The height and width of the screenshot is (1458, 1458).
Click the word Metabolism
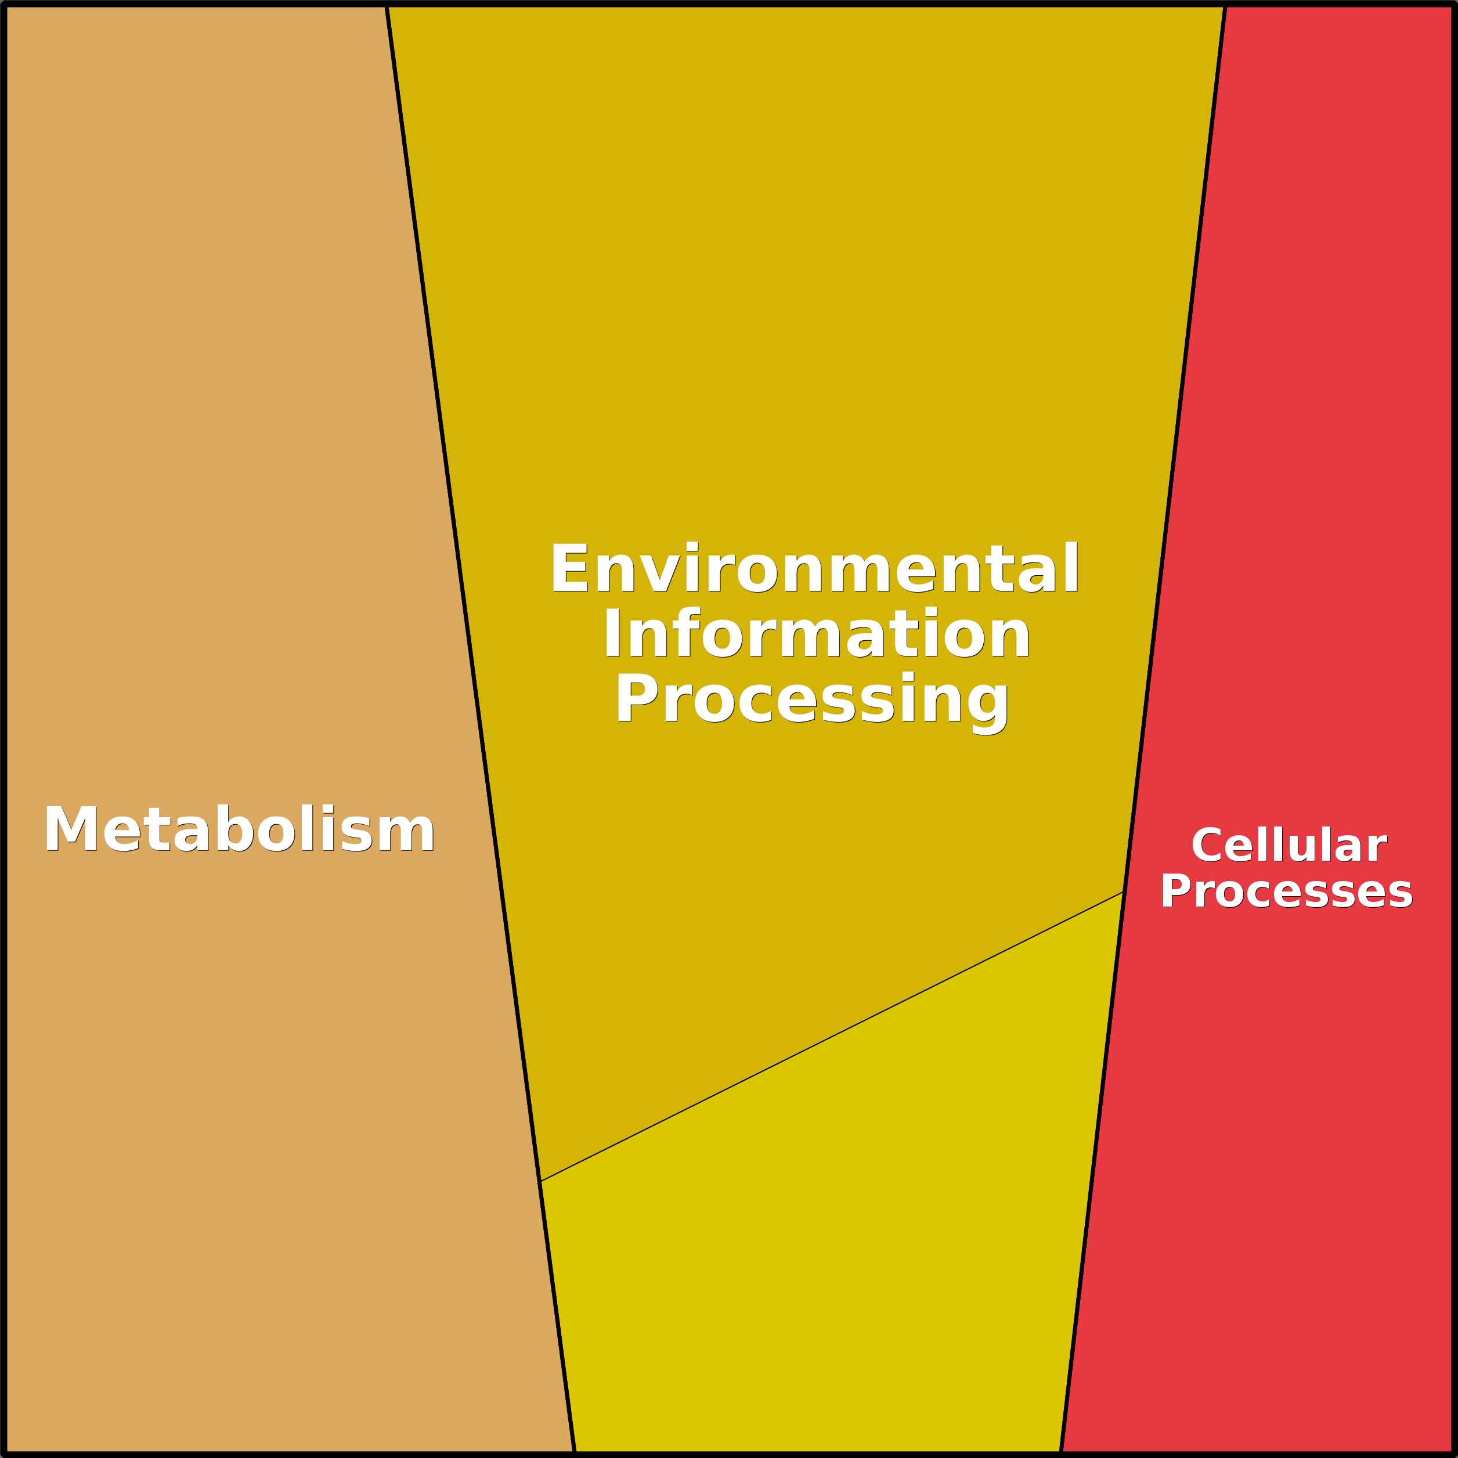[239, 829]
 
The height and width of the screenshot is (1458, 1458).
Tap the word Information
[817, 634]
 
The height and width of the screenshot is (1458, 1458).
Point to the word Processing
[812, 701]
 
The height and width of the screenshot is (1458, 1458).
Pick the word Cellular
[1289, 845]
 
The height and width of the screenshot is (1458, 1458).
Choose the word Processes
[1287, 892]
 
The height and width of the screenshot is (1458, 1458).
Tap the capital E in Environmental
[570, 569]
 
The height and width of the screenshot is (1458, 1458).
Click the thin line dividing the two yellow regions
[832, 1036]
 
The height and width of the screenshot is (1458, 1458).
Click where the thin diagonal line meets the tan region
[540, 1181]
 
